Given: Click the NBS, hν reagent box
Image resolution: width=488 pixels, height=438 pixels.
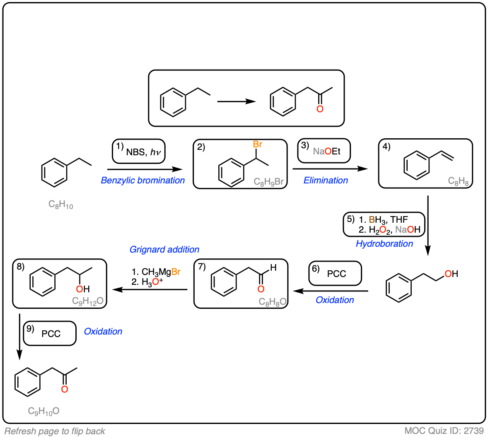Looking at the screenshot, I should click(x=139, y=152).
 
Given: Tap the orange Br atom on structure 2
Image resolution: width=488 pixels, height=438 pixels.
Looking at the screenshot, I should click(x=257, y=144).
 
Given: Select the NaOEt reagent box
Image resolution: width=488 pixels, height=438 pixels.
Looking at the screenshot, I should click(x=324, y=151).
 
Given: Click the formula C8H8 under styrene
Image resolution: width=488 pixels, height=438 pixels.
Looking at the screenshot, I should click(x=458, y=181).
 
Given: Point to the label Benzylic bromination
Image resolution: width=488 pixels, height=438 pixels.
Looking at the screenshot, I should click(x=143, y=180).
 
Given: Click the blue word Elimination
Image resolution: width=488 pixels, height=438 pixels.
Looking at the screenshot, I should click(x=326, y=180).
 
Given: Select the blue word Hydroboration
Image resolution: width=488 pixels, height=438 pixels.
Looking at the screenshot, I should click(x=384, y=244).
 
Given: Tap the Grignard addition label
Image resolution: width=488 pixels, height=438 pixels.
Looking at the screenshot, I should click(x=164, y=250).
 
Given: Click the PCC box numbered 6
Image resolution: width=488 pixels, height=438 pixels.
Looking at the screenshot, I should click(x=335, y=273).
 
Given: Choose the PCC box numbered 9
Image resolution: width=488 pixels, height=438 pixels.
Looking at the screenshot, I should click(x=50, y=333).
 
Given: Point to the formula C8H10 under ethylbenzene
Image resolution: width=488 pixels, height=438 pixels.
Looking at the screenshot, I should click(x=60, y=205).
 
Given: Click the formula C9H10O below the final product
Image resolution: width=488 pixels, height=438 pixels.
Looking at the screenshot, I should click(x=43, y=411).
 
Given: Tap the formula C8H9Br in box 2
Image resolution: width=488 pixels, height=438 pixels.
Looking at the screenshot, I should click(x=268, y=181).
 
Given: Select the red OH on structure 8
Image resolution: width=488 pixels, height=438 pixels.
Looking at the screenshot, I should click(x=83, y=289).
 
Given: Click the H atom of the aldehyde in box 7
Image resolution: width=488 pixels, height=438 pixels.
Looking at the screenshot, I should click(x=273, y=268).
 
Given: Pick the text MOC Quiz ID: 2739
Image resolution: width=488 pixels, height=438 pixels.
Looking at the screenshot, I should click(x=444, y=431).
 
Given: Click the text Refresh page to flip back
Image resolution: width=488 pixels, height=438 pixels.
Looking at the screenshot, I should click(x=55, y=431).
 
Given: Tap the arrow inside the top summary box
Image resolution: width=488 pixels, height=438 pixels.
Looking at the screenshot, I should click(x=237, y=101).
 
